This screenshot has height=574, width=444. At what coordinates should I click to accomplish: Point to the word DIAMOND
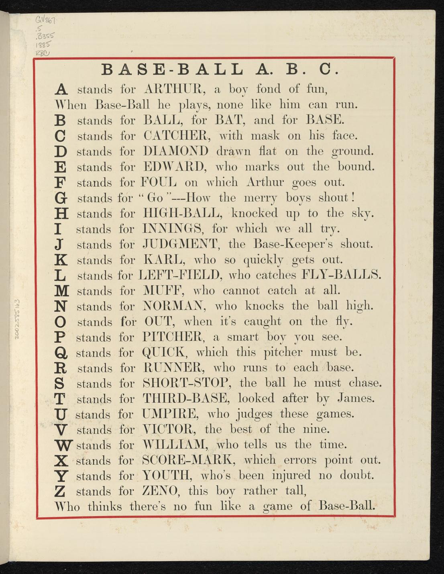coord(176,151)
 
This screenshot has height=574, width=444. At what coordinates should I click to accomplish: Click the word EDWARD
coord(174,166)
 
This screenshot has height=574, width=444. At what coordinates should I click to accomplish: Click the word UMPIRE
coord(171,414)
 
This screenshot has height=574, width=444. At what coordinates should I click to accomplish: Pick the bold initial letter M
coord(61,291)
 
